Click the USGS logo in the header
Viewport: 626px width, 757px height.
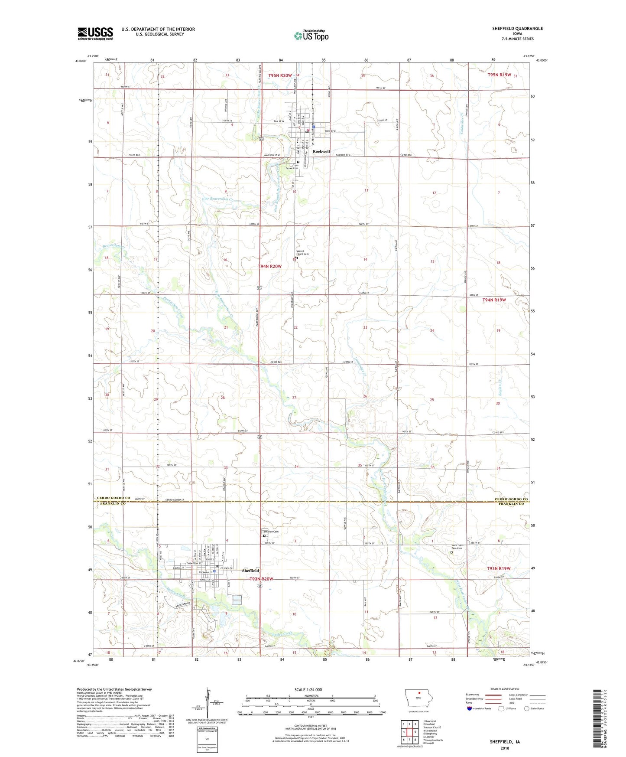[x=95, y=33]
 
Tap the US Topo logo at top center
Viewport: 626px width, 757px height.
[x=311, y=36]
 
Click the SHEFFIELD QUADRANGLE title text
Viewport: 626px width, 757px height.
[x=517, y=29]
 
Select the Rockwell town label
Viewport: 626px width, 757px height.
[x=321, y=151]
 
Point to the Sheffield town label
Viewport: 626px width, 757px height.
[x=250, y=571]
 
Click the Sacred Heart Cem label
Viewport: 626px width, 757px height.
[x=302, y=252]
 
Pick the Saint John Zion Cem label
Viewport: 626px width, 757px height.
[x=457, y=547]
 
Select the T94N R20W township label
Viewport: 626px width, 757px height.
[x=269, y=266]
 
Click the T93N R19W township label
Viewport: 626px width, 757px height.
[x=499, y=568]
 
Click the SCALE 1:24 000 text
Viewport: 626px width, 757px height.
[x=308, y=689]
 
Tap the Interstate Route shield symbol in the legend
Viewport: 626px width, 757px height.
[x=469, y=708]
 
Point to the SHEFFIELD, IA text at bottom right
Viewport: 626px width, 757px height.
[x=505, y=742]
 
